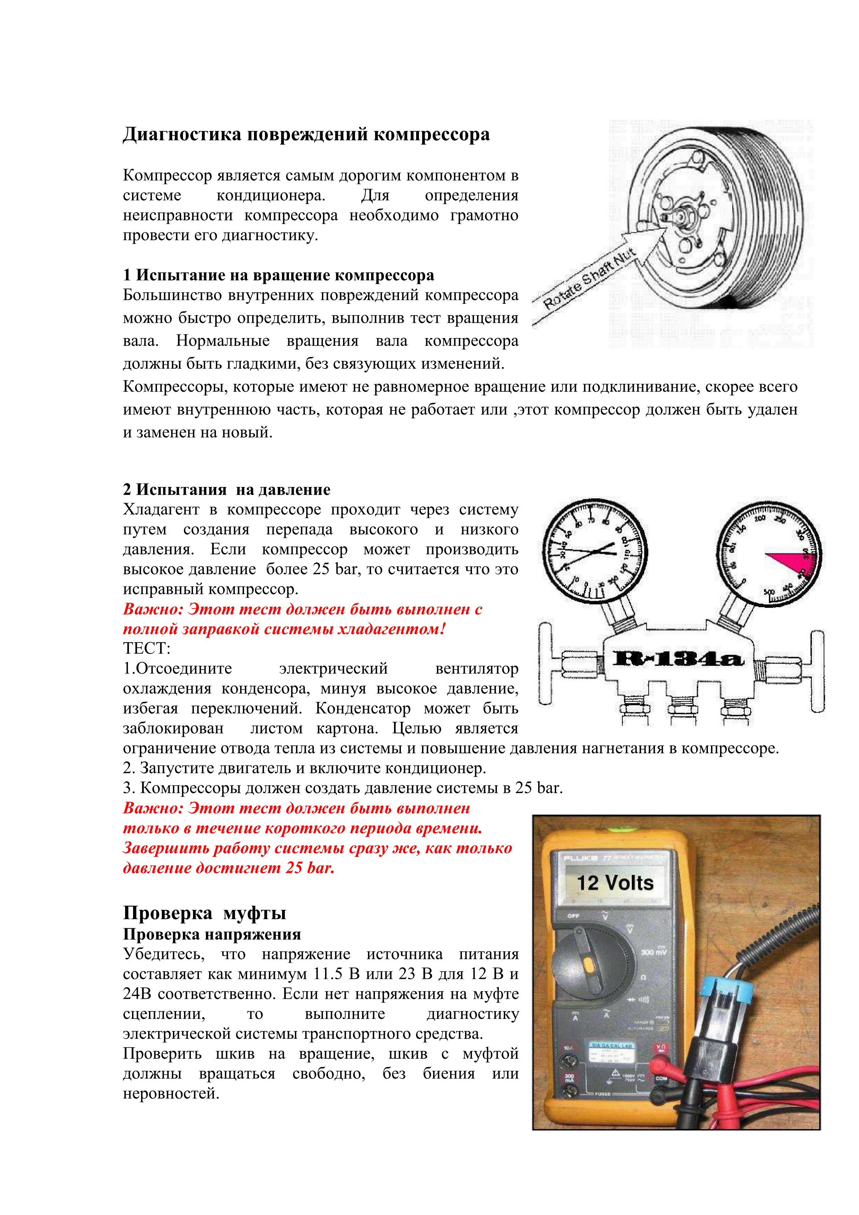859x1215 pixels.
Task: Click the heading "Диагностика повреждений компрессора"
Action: [x=306, y=134]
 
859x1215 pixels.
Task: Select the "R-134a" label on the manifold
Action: [x=678, y=658]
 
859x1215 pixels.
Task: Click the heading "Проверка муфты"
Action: [x=204, y=913]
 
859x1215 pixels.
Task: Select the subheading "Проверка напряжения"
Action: [x=212, y=934]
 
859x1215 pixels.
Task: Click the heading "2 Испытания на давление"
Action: [x=227, y=489]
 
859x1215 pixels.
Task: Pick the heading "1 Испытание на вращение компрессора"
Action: [x=278, y=275]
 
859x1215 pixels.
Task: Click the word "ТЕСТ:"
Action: [x=147, y=648]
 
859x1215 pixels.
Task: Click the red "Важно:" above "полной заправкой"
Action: [x=153, y=609]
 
